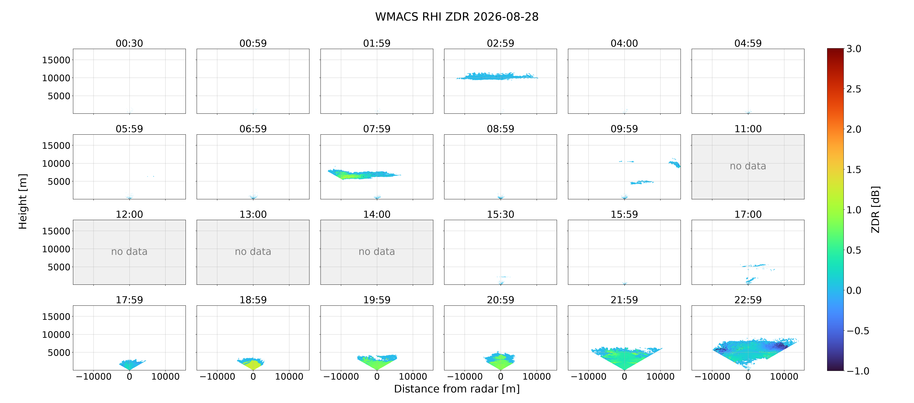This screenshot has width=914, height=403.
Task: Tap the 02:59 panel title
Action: coord(500,43)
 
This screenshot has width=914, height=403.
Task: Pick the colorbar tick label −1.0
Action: coord(858,371)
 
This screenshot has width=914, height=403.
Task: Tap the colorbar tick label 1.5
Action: coord(854,170)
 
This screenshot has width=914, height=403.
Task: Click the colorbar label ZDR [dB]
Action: coord(875,209)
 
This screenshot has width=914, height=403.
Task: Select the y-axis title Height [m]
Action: coord(23,201)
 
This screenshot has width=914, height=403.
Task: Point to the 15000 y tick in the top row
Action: coord(56,60)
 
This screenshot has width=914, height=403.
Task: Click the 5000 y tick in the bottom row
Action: coord(59,353)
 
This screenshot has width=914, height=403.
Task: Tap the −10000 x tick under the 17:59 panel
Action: coord(94,377)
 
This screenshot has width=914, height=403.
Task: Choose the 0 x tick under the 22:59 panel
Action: coord(748,377)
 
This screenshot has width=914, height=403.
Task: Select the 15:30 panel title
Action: coord(500,214)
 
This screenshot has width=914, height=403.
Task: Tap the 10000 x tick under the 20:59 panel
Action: coord(536,377)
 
